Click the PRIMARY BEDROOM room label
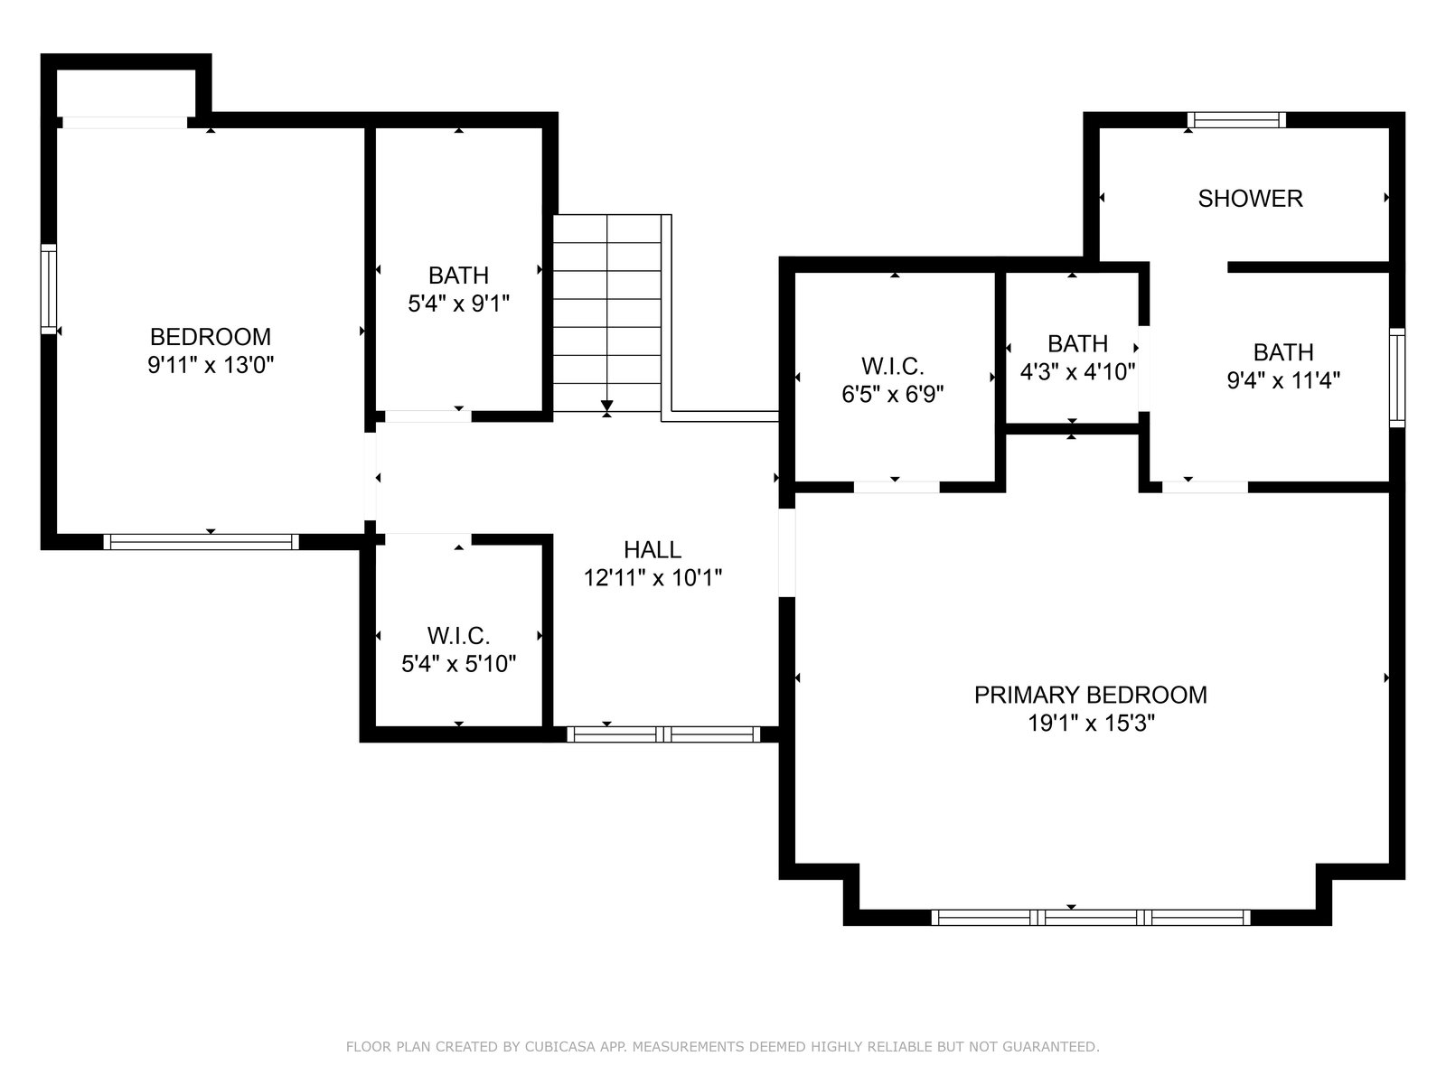pyautogui.click(x=1090, y=695)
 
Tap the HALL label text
pyautogui.click(x=653, y=549)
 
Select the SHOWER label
pyautogui.click(x=1250, y=199)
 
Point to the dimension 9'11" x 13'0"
pyautogui.click(x=211, y=365)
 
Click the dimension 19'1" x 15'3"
pyautogui.click(x=1091, y=724)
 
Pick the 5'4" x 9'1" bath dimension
pyautogui.click(x=458, y=304)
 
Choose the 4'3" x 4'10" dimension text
pyautogui.click(x=1077, y=372)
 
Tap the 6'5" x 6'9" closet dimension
pyautogui.click(x=893, y=394)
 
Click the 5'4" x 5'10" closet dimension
pyautogui.click(x=458, y=664)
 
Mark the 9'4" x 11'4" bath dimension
pyautogui.click(x=1283, y=380)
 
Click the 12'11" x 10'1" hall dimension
pyautogui.click(x=653, y=578)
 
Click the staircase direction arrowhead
pyautogui.click(x=606, y=406)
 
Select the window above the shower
pyautogui.click(x=1236, y=120)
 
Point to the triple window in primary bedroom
pyautogui.click(x=1090, y=918)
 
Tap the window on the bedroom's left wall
pyautogui.click(x=49, y=289)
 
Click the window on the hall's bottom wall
pyautogui.click(x=663, y=734)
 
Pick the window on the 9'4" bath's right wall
pyautogui.click(x=1397, y=378)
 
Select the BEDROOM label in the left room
pyautogui.click(x=211, y=337)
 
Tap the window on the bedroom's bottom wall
pyautogui.click(x=201, y=542)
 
